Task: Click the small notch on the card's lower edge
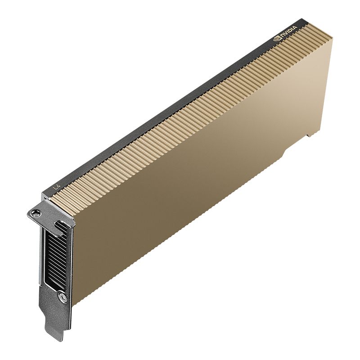[x=309, y=135]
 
